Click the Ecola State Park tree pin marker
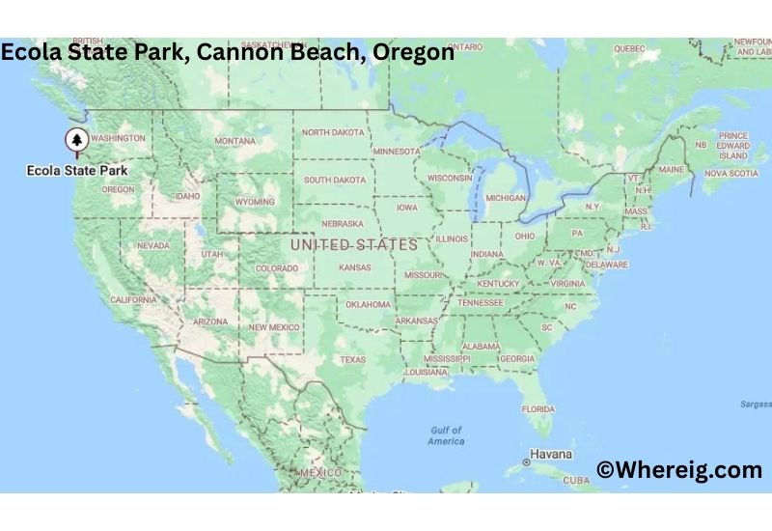tap(76, 142)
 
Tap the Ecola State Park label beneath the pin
tap(77, 171)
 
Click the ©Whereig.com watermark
tap(679, 470)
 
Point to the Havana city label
tap(551, 454)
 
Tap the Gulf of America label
tap(446, 435)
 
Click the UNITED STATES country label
tap(354, 245)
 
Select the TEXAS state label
tap(353, 360)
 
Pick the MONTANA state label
tap(235, 141)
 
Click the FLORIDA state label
tap(538, 408)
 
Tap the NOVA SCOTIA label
tap(731, 174)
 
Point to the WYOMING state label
tap(256, 202)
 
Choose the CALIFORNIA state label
tap(133, 300)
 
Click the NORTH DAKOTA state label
tap(333, 132)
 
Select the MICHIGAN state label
tap(506, 198)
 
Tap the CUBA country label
tap(576, 480)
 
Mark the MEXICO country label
tap(321, 472)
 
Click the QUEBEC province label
tap(629, 48)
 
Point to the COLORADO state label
tap(277, 268)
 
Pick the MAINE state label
tap(671, 170)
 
